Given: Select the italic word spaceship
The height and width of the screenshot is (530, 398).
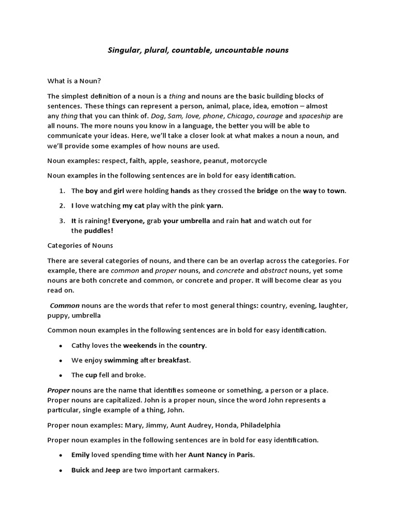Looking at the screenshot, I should point(315,115).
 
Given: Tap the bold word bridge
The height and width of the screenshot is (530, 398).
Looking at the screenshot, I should point(267,190).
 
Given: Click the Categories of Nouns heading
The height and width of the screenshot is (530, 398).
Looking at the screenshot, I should point(80,245).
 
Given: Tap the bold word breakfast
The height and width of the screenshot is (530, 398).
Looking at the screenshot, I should point(174,360).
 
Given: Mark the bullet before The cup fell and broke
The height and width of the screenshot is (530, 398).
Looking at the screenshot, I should point(61,375).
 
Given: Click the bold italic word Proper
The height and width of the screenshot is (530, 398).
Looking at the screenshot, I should point(58,390).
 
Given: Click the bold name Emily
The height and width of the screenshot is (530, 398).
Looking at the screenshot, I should point(80,455).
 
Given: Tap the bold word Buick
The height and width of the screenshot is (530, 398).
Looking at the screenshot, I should point(80,470).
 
